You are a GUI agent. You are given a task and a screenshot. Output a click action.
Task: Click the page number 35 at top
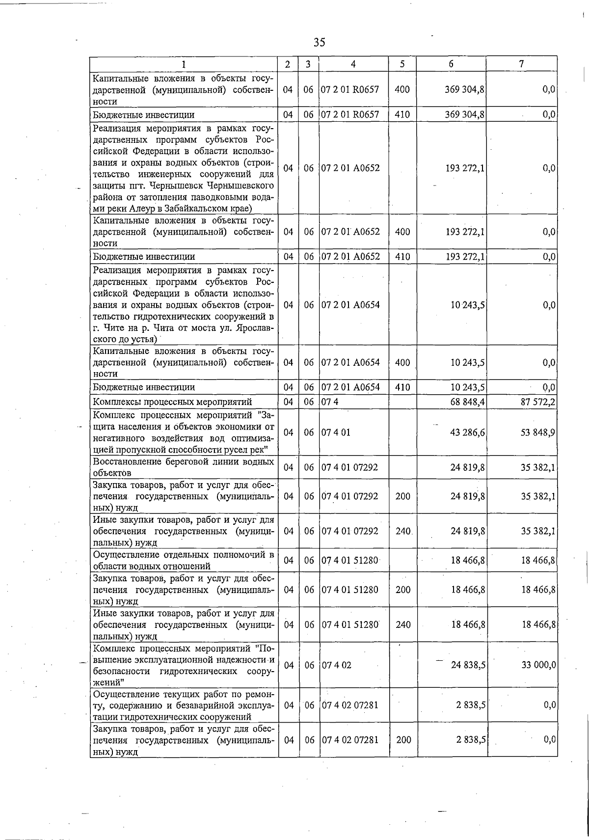point(319,43)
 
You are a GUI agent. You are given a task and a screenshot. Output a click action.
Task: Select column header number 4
point(353,64)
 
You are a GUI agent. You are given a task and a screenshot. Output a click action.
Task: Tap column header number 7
point(521,64)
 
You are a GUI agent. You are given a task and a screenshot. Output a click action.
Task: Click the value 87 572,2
point(538,402)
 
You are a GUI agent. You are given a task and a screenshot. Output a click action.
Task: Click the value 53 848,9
point(538,434)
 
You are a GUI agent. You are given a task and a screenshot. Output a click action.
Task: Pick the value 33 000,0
point(538,665)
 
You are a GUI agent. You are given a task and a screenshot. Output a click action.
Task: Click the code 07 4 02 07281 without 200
point(350,705)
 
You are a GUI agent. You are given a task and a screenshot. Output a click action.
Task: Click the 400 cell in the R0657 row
point(402,89)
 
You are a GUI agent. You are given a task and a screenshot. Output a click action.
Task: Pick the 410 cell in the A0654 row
point(402,387)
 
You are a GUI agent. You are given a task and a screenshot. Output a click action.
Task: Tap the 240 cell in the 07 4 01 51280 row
point(403,624)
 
